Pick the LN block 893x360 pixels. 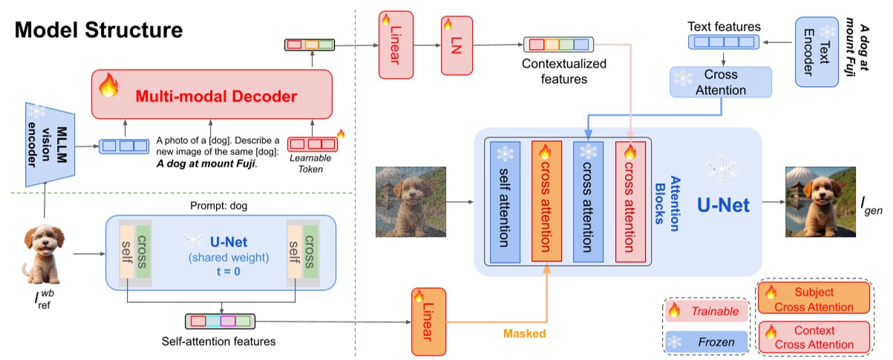point(456,45)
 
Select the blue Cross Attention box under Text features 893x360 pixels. point(721,82)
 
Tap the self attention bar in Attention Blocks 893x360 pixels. point(505,200)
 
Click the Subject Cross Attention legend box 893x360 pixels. point(813,299)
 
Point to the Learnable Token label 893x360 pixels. point(311,164)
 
